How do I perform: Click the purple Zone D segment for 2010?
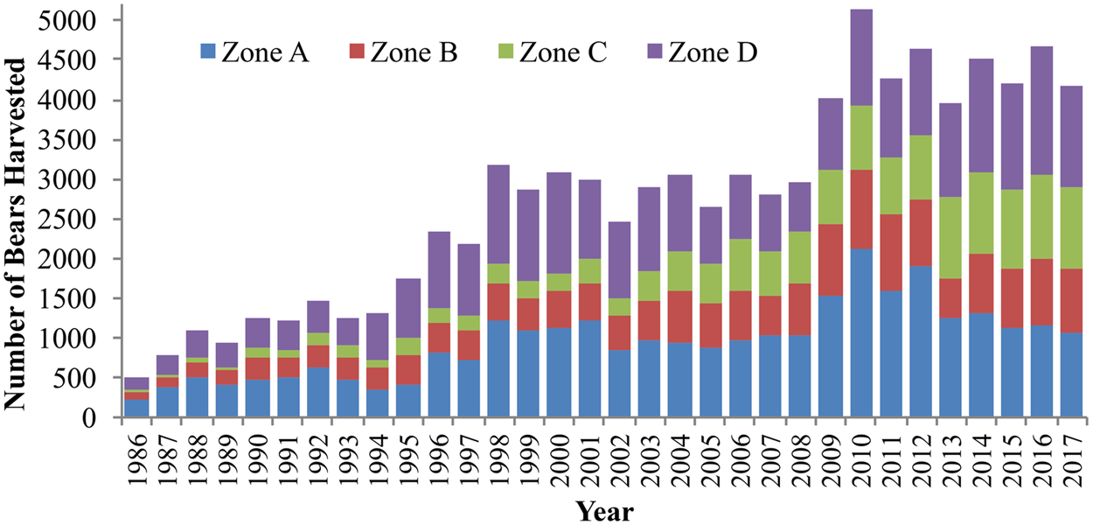(861, 58)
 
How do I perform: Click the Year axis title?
(605, 509)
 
